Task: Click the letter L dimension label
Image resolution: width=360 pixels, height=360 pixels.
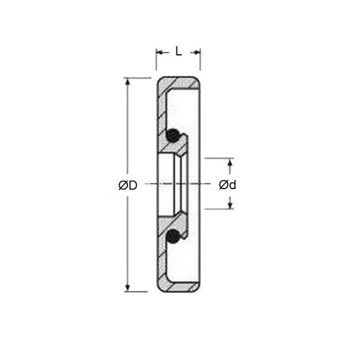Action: tap(178, 51)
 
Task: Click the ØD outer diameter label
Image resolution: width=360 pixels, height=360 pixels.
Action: tap(127, 185)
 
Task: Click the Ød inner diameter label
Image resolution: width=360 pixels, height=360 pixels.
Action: tap(228, 185)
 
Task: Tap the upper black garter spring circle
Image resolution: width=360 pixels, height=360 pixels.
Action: tap(171, 135)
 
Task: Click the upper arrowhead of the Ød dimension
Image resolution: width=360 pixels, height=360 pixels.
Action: tap(230, 163)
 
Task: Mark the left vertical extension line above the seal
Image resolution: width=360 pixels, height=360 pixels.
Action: tap(156, 61)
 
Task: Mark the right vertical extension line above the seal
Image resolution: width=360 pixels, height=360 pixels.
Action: tap(200, 61)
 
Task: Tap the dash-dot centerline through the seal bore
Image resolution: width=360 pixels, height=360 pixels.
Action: tap(180, 184)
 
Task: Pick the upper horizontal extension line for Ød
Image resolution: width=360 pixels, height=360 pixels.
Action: tap(220, 158)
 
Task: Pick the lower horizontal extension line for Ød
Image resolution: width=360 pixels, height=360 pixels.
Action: tap(220, 210)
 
